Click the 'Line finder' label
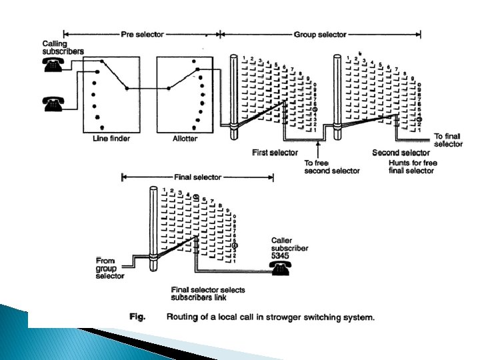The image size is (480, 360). coord(111,139)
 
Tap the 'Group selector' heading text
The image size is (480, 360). coord(320,34)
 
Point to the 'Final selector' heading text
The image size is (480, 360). coord(198,178)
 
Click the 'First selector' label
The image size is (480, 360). coord(275,153)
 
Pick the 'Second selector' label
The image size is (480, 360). coord(400,153)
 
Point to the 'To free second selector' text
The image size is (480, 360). coord(331,166)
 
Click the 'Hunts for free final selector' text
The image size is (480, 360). coord(411,166)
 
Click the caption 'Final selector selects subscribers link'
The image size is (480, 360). coord(207,293)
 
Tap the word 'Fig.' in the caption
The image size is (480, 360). coord(137,317)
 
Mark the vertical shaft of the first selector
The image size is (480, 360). coord(233,93)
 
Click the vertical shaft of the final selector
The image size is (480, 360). coord(154,227)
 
